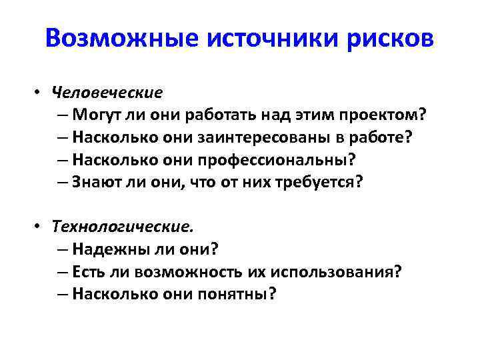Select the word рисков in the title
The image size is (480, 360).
click(x=388, y=38)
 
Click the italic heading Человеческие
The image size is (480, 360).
click(x=107, y=91)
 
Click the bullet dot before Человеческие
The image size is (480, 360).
click(x=41, y=92)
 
